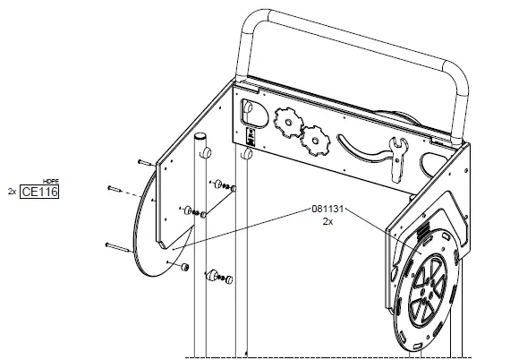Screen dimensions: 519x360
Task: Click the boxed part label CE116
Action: (39, 192)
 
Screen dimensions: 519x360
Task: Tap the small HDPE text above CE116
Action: (51, 182)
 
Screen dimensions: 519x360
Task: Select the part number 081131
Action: (328, 209)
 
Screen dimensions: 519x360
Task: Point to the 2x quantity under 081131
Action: (328, 221)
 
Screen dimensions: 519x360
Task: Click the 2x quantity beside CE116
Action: (12, 192)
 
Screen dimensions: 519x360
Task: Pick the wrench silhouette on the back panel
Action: (398, 159)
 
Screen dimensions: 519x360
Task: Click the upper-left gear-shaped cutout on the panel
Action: (288, 122)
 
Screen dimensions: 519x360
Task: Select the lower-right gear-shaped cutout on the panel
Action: (315, 141)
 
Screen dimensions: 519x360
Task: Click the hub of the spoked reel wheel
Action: (428, 288)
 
